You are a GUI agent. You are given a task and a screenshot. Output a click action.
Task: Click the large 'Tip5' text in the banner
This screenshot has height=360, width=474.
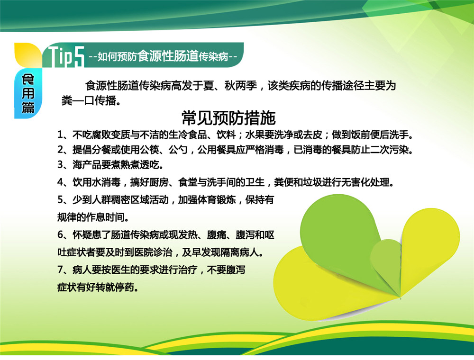pos(66,56)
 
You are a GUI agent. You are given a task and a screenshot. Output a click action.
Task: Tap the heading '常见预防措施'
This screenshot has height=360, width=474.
pos(228,118)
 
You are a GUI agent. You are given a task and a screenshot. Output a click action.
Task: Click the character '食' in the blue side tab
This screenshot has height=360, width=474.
pos(28,80)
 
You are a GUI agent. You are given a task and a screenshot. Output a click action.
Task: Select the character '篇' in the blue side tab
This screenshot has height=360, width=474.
pos(28,108)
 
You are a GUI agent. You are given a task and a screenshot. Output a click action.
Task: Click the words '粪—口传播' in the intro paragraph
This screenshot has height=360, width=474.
pos(89,100)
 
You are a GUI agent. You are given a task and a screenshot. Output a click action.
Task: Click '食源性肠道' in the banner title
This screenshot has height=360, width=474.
pos(168,56)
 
